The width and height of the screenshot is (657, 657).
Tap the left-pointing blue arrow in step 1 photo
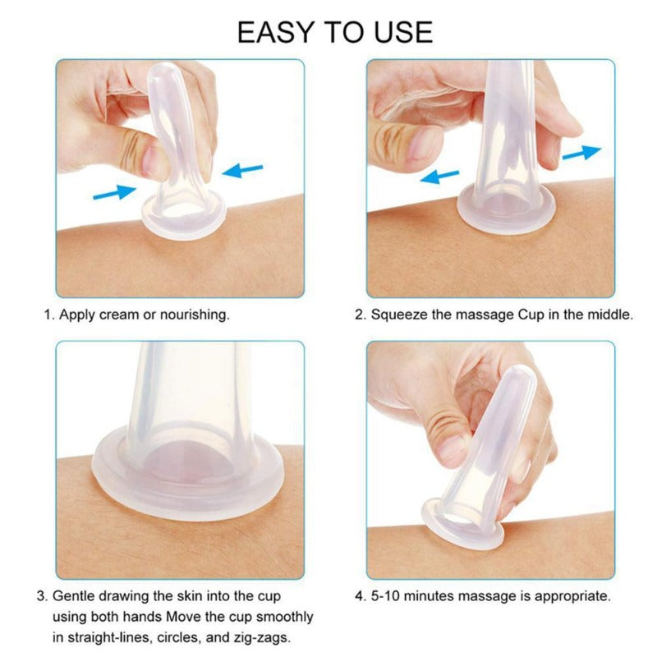pyautogui.click(x=242, y=171)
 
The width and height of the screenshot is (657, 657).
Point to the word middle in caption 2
pyautogui.click(x=609, y=315)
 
